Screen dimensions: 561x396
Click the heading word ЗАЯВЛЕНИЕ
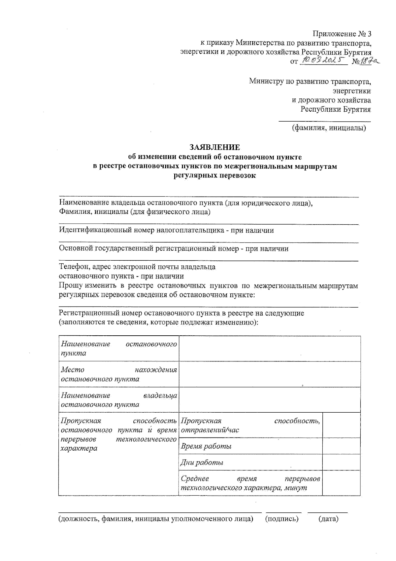click(214, 147)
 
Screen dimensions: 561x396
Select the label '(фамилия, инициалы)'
click(329, 128)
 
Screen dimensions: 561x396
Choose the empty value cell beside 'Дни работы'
click(341, 463)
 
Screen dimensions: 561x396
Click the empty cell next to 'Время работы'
click(341, 446)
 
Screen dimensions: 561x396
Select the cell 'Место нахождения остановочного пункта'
click(119, 374)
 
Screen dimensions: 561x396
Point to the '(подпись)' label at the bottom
click(282, 519)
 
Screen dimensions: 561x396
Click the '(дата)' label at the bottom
click(328, 519)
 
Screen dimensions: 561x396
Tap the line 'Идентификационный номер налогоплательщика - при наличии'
click(166, 230)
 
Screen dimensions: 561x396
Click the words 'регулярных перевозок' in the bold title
click(214, 176)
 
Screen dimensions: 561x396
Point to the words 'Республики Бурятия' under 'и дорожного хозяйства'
click(335, 109)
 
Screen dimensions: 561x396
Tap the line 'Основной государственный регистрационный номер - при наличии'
click(174, 248)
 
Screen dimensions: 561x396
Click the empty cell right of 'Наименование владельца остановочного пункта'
click(269, 400)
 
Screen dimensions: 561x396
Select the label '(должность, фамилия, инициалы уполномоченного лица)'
click(156, 519)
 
